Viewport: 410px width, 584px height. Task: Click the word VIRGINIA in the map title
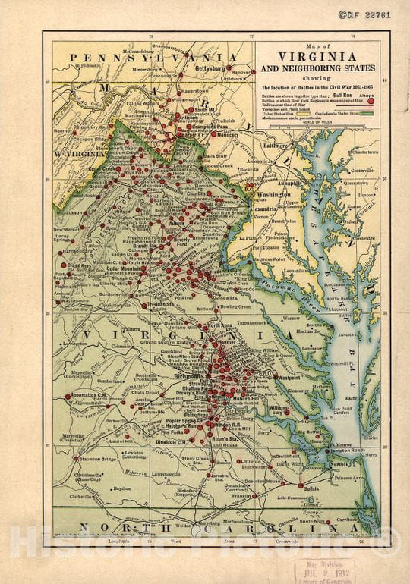point(317,56)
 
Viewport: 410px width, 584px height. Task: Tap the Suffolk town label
point(311,489)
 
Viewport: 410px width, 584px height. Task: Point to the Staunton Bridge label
point(95,459)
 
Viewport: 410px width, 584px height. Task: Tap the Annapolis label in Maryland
point(270,182)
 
